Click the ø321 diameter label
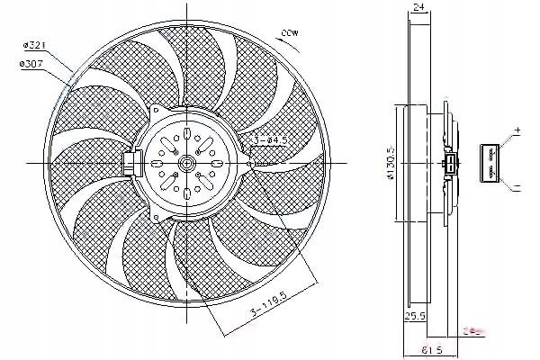[34, 43]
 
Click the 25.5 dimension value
[416, 316]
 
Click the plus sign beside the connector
[517, 132]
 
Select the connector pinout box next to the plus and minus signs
[490, 162]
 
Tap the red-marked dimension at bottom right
[473, 330]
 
